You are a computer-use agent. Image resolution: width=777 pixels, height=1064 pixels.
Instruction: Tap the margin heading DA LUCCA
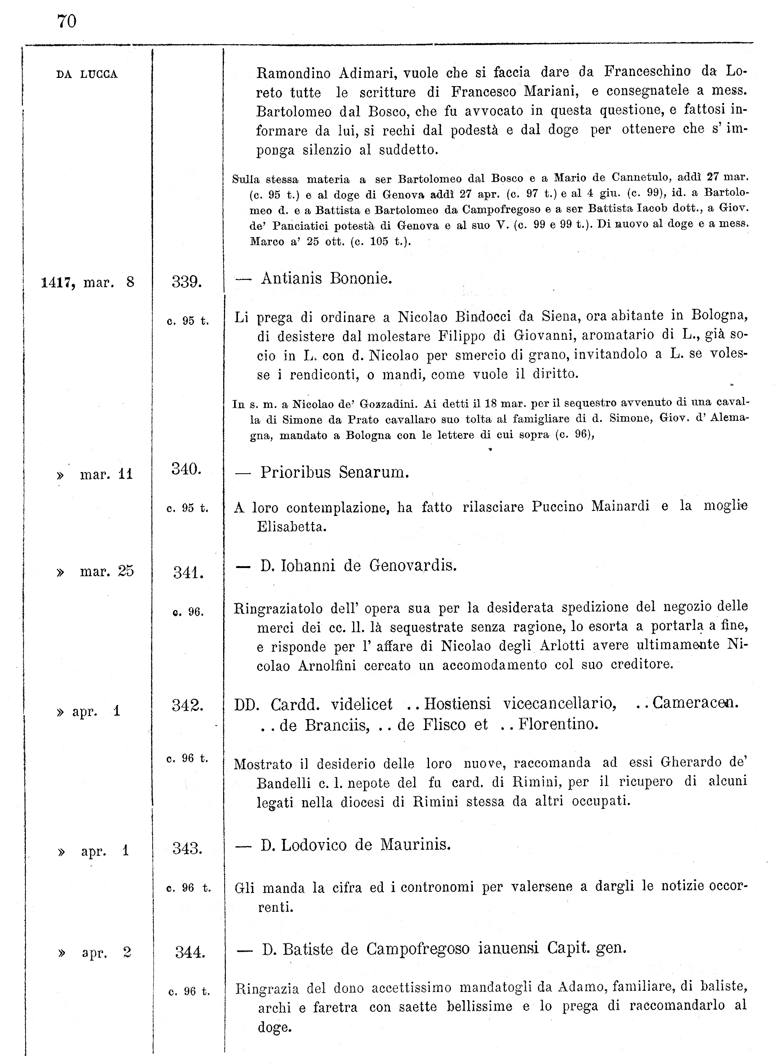(x=87, y=74)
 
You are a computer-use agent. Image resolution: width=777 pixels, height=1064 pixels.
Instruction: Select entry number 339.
(x=187, y=282)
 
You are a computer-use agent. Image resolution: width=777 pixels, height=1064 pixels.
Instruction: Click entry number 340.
(x=186, y=469)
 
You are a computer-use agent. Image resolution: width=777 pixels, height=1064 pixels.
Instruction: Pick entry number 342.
(x=187, y=705)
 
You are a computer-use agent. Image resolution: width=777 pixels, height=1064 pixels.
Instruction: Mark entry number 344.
(x=190, y=952)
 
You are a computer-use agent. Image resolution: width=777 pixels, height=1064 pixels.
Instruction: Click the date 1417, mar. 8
(x=88, y=282)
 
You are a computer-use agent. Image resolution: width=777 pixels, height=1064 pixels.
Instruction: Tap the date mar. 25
(x=107, y=571)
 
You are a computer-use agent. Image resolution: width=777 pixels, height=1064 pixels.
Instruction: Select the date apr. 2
(x=106, y=952)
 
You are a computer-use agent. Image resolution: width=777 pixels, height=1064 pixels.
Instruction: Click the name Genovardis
(x=413, y=565)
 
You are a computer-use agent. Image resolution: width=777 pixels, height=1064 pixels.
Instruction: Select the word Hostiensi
(x=457, y=704)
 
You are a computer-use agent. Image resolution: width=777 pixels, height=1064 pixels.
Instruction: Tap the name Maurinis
(x=415, y=845)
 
